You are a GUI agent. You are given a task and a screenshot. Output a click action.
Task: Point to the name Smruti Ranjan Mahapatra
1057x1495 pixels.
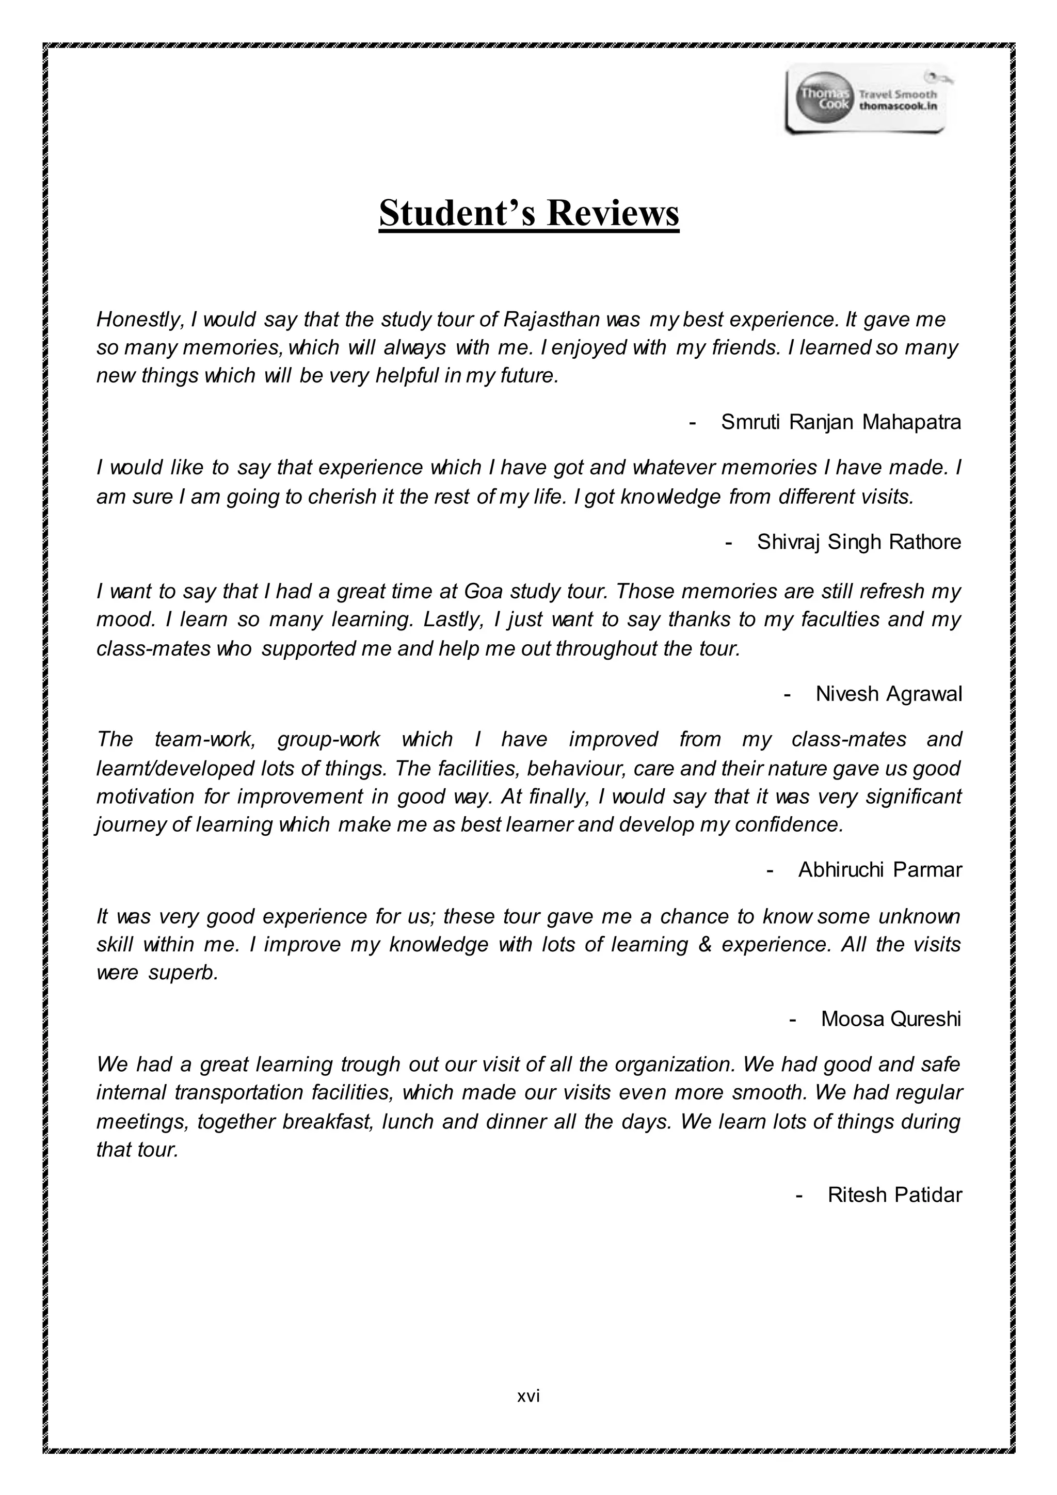[840, 423]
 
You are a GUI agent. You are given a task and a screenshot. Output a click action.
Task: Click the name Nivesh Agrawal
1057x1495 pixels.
[888, 694]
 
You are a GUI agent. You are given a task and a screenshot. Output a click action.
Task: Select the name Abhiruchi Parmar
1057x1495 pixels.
[879, 870]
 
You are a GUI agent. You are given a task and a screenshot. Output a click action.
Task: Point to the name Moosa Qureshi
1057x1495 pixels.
[890, 1019]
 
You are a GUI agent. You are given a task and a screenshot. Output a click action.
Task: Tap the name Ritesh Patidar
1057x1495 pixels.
[894, 1195]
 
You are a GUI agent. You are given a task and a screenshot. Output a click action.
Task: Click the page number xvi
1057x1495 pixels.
[528, 1395]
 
